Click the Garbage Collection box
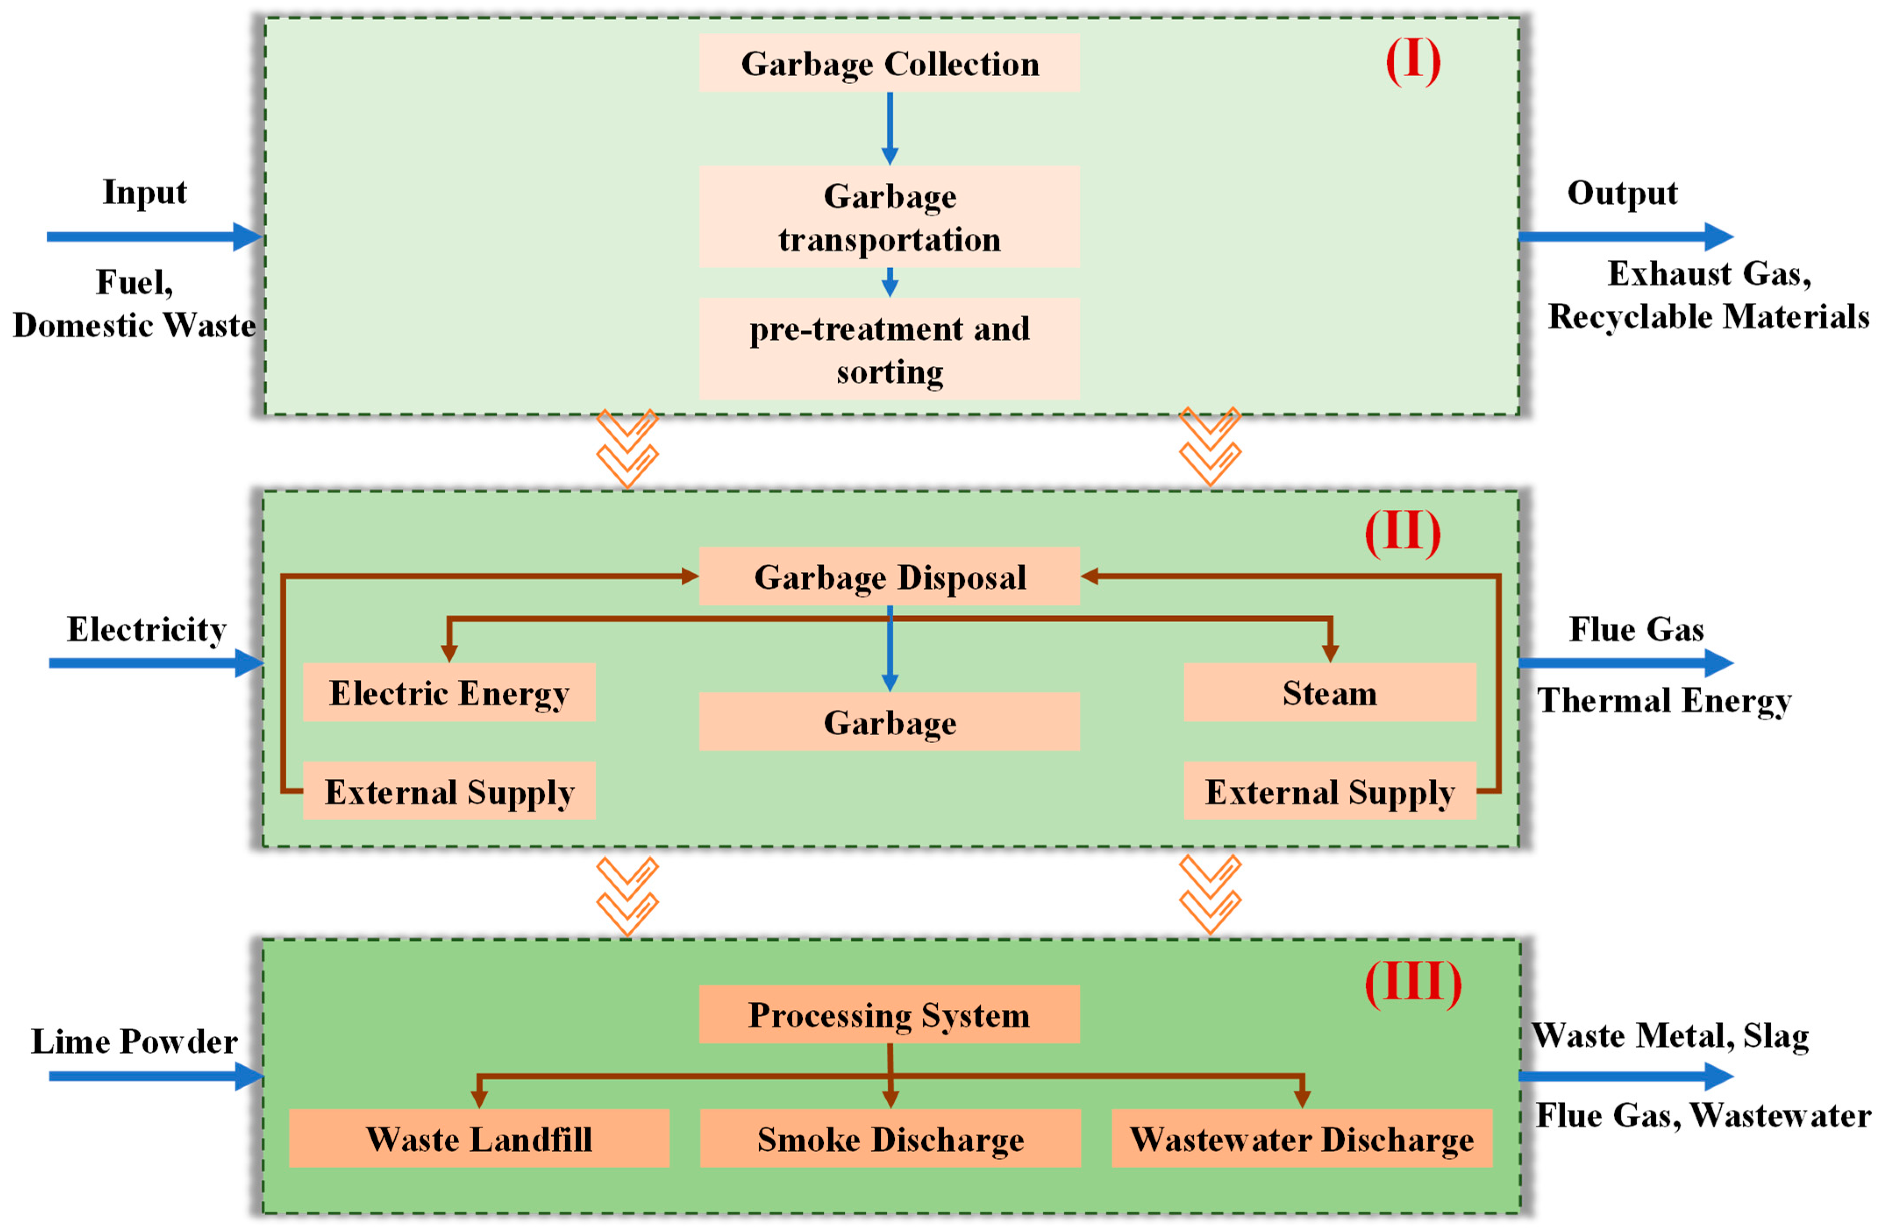[889, 63]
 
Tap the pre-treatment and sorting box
[889, 349]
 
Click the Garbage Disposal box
[889, 577]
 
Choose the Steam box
[1329, 692]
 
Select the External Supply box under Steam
[1329, 791]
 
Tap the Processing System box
[889, 1014]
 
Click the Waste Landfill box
[479, 1138]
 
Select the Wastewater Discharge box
[1302, 1138]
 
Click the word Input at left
[145, 192]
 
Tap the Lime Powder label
[135, 1041]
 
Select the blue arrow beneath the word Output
[1626, 236]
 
